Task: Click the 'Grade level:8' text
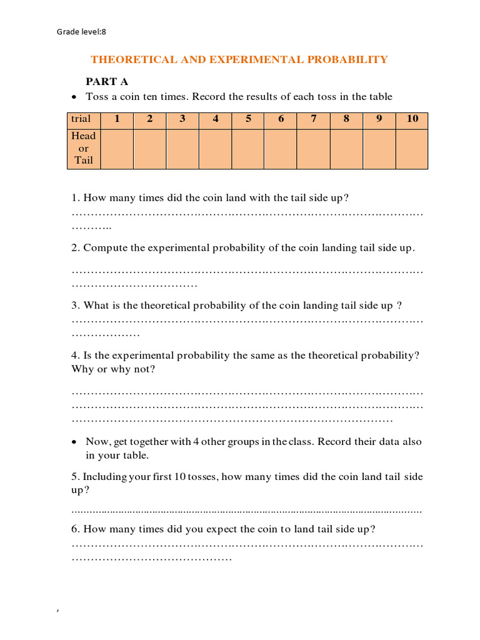(86, 31)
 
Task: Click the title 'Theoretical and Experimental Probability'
(239, 60)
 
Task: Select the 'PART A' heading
(107, 82)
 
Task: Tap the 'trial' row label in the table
(81, 119)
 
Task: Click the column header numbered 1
(117, 119)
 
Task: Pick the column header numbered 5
(248, 119)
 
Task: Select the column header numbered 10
(412, 119)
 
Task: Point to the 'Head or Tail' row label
(84, 148)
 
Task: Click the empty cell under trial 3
(182, 149)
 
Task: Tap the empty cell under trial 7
(314, 149)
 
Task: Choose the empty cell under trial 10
(412, 149)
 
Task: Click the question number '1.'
(76, 198)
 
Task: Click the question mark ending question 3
(399, 306)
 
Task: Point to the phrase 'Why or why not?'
(113, 369)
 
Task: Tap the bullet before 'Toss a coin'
(74, 97)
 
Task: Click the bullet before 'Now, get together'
(74, 442)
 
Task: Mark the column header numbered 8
(346, 119)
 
